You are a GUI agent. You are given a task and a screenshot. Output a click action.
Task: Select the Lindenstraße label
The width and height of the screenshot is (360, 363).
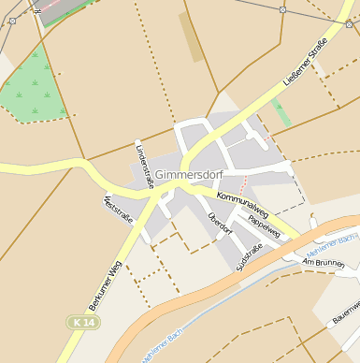coord(143,167)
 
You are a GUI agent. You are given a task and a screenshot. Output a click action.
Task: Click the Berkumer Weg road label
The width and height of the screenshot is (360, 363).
coord(106,284)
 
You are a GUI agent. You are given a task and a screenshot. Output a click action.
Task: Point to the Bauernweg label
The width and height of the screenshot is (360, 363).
coord(345,314)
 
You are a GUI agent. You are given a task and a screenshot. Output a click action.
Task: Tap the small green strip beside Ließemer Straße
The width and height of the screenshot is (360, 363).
coord(281,113)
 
